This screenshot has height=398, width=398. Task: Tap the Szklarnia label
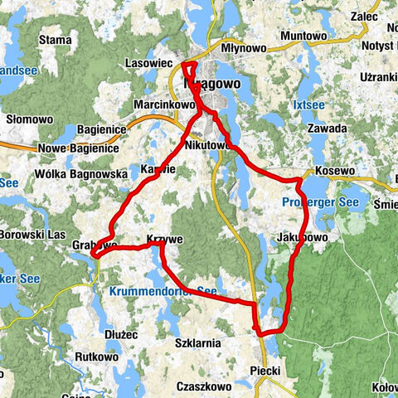197,342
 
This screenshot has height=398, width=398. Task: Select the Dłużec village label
121,334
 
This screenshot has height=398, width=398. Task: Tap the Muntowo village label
303,36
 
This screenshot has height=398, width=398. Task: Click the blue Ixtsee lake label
308,106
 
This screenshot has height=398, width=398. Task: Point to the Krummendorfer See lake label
162,292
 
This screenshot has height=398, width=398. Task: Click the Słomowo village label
30,119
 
